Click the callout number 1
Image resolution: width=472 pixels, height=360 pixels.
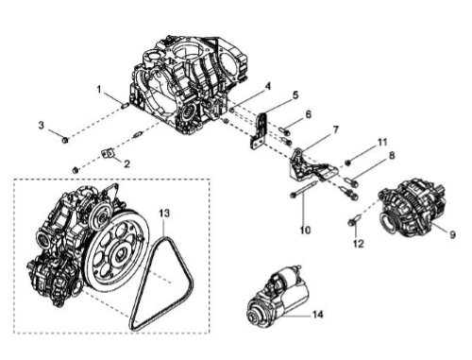tap(99, 90)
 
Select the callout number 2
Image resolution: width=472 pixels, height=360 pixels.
tap(126, 163)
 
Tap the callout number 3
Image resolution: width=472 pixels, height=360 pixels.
tap(42, 125)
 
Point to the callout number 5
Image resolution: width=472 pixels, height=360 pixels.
tap(295, 95)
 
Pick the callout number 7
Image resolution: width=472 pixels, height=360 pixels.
tap(335, 129)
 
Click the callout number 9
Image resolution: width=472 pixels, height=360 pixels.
tap(452, 234)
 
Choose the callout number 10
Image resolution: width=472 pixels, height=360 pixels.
tap(305, 230)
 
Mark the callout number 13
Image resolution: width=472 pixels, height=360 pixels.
tap(164, 214)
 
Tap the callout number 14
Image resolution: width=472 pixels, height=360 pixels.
tap(317, 315)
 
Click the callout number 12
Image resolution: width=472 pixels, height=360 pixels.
tap(358, 244)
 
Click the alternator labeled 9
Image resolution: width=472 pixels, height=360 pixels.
tap(413, 212)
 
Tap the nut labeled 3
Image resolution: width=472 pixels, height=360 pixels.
tap(65, 140)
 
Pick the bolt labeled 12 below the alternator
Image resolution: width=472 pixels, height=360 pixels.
tap(354, 220)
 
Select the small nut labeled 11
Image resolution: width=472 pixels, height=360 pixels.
tap(347, 163)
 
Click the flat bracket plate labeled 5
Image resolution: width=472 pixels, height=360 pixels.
tap(261, 130)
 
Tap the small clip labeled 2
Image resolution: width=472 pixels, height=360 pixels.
tap(107, 154)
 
